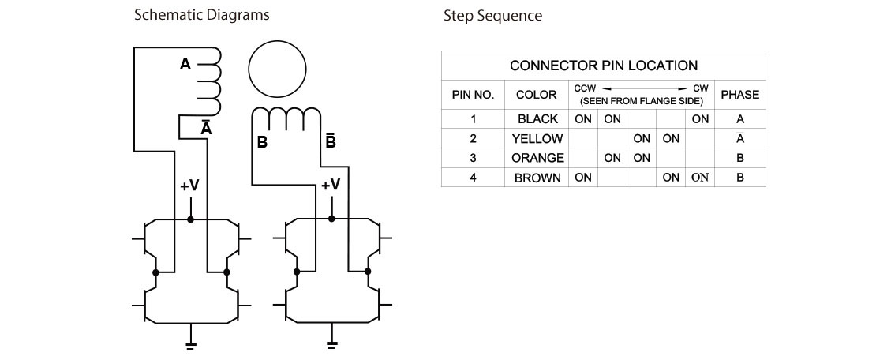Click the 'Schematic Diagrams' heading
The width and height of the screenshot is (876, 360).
201,15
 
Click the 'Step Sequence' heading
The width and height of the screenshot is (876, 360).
492,16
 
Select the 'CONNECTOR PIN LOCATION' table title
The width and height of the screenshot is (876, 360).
604,66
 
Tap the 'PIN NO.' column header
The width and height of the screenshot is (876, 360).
473,95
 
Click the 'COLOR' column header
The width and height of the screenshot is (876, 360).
537,95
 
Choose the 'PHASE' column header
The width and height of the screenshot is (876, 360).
739,95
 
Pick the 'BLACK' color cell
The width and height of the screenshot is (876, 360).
537,119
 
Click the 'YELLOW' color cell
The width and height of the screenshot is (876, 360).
537,139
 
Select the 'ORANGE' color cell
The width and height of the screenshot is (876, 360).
537,158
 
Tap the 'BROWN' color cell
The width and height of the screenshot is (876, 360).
537,178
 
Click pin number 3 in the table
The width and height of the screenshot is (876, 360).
473,158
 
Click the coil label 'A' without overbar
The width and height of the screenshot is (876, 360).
185,65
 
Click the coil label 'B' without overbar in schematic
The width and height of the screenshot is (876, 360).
261,143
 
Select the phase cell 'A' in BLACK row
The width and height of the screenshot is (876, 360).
739,119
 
